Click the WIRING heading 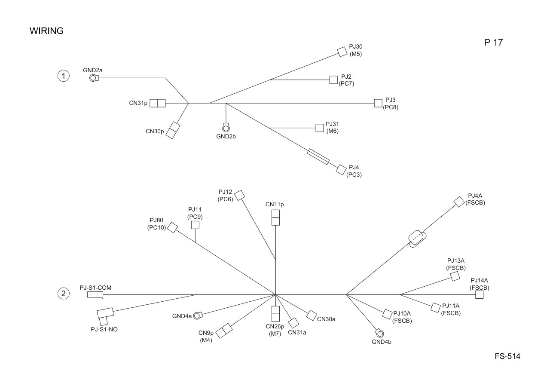tap(47, 31)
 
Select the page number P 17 tap(493, 43)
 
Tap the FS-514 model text tap(507, 356)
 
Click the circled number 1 tap(63, 76)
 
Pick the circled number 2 tap(63, 294)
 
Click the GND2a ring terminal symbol tap(94, 78)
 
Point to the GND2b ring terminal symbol tap(226, 128)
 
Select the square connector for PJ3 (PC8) tap(378, 103)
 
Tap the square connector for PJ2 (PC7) tap(333, 80)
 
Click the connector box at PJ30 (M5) tap(342, 52)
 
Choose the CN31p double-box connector tap(158, 103)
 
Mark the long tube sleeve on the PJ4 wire tap(318, 157)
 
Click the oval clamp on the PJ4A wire tap(417, 239)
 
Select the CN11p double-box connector tap(275, 217)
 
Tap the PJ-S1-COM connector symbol tap(95, 295)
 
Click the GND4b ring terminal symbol tap(379, 333)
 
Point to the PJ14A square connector tap(479, 295)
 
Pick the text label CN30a tap(326, 319)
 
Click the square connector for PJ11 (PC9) tap(195, 225)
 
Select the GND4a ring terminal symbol tap(198, 315)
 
